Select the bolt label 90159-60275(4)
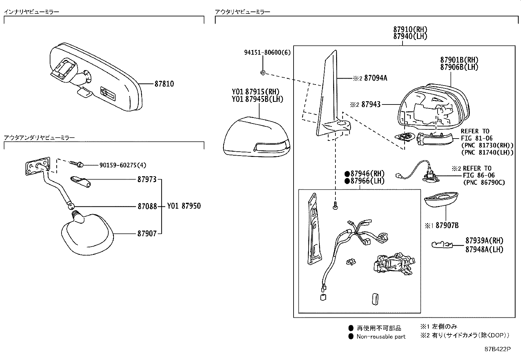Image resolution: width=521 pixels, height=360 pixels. (x=123, y=165)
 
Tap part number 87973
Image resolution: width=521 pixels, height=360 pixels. (x=147, y=180)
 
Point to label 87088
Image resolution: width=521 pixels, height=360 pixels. (x=147, y=206)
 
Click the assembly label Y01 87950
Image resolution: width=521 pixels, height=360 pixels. (x=184, y=206)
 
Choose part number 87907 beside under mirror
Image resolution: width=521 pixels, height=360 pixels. (x=147, y=234)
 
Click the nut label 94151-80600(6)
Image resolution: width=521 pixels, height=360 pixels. (x=267, y=52)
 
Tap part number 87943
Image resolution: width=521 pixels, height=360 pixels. (x=371, y=104)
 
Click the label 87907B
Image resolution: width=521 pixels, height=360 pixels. (x=447, y=225)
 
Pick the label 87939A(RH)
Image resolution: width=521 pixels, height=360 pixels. (x=480, y=240)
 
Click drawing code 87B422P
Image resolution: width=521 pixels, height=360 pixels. (x=497, y=349)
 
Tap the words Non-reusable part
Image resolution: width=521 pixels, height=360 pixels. (x=381, y=336)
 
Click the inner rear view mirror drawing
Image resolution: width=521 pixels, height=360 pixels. (x=95, y=77)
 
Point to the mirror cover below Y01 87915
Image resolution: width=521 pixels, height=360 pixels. (x=257, y=138)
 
